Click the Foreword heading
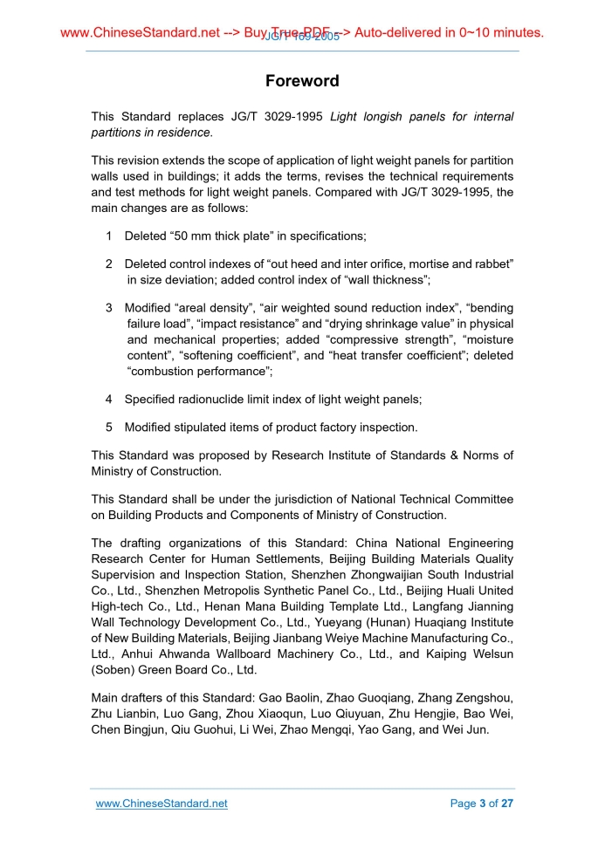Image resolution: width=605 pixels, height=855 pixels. [302, 81]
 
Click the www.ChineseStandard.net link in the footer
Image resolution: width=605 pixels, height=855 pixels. [162, 804]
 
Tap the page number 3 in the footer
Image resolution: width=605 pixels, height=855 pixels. [482, 804]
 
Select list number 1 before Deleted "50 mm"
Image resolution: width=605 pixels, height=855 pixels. [108, 236]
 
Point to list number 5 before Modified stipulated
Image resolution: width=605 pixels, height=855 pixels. [108, 427]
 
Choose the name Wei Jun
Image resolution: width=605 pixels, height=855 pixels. [465, 729]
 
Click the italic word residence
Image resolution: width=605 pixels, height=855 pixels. [184, 133]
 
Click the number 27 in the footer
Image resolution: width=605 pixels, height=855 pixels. [506, 804]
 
